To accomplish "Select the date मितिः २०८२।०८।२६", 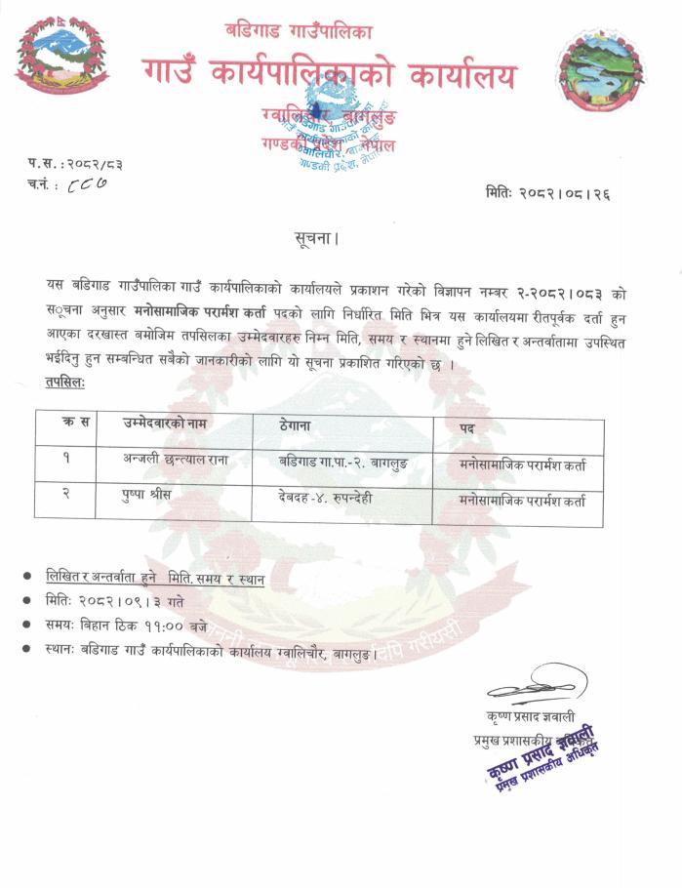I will pos(547,194).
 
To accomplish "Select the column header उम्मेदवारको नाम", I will pos(165,423).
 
